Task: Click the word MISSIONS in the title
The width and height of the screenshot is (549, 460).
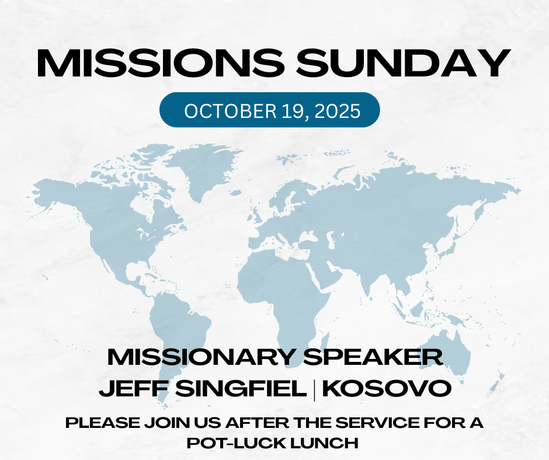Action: tap(160, 63)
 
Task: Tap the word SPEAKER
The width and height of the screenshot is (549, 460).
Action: tap(373, 357)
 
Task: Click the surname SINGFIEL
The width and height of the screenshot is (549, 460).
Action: tap(241, 388)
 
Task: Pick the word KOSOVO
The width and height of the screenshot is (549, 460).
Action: tap(387, 388)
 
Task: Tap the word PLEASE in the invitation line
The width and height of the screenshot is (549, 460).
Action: tap(103, 423)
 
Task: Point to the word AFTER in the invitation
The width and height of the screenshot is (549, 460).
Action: tap(258, 423)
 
